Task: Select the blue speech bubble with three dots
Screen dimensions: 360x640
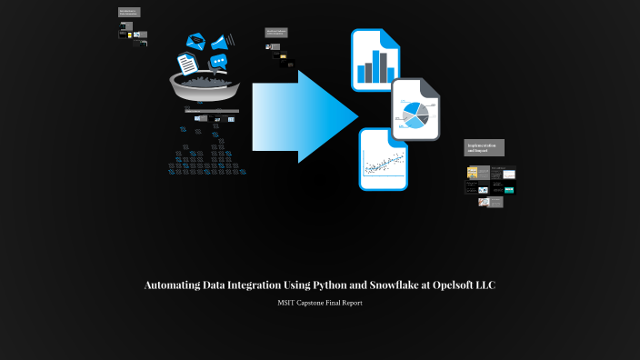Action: pos(217,62)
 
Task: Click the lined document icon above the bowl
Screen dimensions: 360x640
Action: pos(186,63)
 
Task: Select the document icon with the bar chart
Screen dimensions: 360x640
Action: pos(375,60)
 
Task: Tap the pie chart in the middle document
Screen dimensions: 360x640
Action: pos(414,115)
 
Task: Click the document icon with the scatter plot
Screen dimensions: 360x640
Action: pos(383,161)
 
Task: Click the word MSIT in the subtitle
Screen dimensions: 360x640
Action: pos(286,303)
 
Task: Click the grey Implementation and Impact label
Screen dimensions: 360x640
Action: pos(485,147)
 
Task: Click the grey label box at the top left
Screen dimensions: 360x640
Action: pos(129,13)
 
